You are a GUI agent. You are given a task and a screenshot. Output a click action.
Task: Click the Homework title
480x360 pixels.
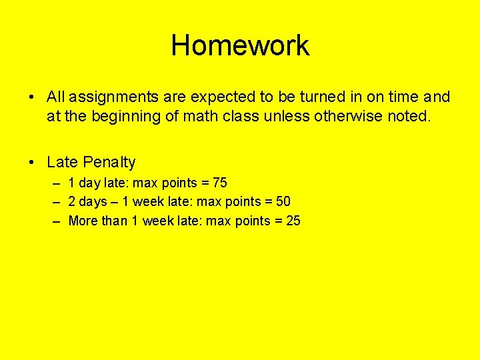tap(240, 46)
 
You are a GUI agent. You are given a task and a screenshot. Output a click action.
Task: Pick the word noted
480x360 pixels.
tap(411, 117)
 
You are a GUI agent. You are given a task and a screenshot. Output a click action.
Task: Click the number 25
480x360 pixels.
tap(293, 221)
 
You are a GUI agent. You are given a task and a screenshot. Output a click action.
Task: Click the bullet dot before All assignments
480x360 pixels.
tap(32, 97)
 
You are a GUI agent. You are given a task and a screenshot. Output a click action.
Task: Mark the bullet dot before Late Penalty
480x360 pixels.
tap(32, 163)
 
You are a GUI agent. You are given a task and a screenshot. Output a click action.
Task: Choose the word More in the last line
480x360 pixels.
tap(83, 221)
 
